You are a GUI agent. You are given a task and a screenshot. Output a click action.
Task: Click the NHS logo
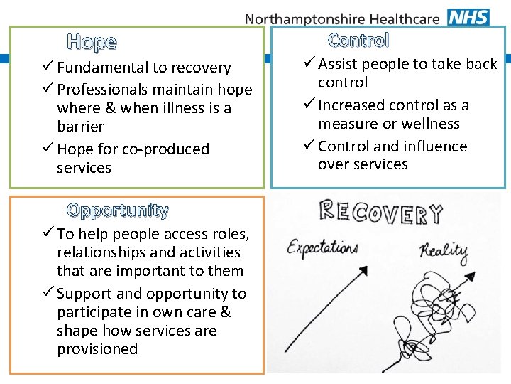pos(468,16)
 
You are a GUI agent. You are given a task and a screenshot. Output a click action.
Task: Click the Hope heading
pos(92,42)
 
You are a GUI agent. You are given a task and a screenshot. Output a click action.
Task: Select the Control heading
pos(358,41)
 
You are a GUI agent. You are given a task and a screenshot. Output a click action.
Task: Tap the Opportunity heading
pos(118,210)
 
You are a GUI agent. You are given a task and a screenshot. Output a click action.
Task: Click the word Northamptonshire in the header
pos(307,19)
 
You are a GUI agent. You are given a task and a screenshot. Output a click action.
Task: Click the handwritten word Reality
pos(444,251)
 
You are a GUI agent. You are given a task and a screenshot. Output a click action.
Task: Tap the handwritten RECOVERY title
pos(380,211)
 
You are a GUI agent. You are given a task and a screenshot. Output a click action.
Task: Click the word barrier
pos(80,127)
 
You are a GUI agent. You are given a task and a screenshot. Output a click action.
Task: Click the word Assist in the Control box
pos(339,64)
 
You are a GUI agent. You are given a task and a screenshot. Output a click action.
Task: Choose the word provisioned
pos(97,349)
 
